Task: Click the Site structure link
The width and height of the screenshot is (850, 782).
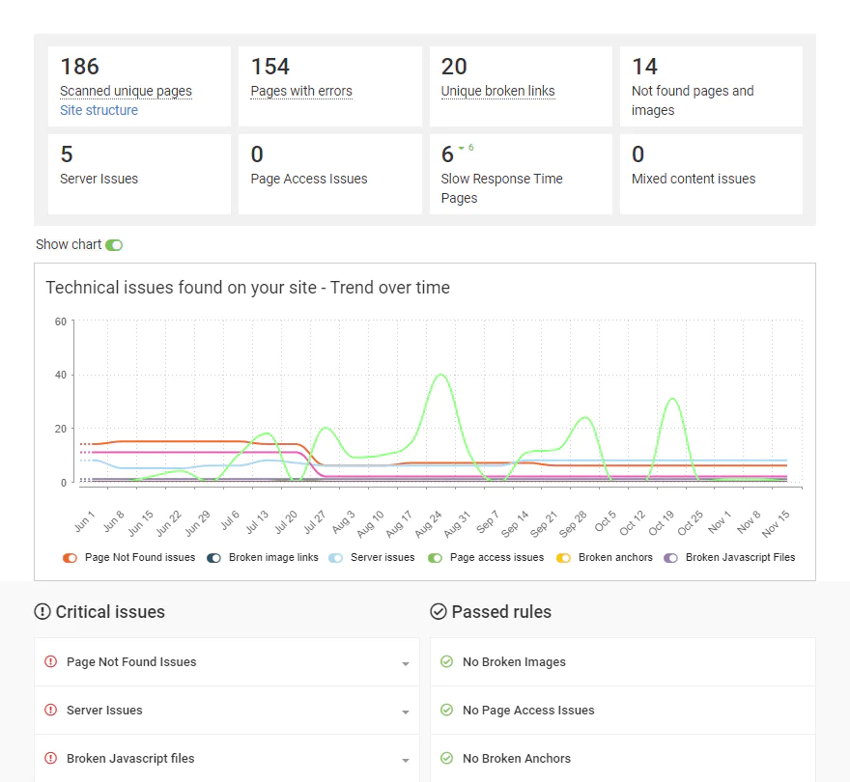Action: [x=99, y=110]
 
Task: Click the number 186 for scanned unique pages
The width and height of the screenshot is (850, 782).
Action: [x=80, y=67]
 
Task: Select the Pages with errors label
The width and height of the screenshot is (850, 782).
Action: [x=301, y=91]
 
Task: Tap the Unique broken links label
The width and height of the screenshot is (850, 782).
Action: [x=497, y=91]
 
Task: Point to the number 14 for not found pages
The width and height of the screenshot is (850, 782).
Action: [x=644, y=67]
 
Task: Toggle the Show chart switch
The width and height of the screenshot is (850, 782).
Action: [x=114, y=245]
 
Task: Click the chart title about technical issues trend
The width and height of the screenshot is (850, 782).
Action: [x=247, y=288]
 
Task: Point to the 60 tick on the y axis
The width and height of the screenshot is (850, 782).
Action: [x=60, y=321]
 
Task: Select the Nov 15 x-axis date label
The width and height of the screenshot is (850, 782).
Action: [x=775, y=522]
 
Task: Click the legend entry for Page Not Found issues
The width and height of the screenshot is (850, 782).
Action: [x=128, y=558]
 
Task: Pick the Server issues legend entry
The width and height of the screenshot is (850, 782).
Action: [x=372, y=558]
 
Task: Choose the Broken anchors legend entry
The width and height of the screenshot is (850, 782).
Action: [x=606, y=558]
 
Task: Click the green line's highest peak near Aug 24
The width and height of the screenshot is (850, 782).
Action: [x=440, y=375]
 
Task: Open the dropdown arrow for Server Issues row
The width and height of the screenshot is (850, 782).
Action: [x=406, y=712]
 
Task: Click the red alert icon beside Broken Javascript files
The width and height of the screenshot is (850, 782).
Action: [x=51, y=759]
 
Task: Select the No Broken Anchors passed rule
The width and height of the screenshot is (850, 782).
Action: [x=516, y=759]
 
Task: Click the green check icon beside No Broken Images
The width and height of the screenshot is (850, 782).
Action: [x=446, y=662]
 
